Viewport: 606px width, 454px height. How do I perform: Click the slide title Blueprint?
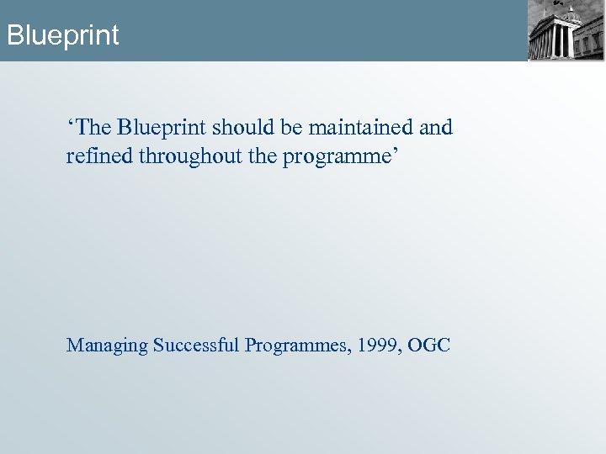(62, 35)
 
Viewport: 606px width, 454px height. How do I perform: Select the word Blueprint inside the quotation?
(162, 128)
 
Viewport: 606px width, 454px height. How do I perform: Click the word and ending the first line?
(435, 128)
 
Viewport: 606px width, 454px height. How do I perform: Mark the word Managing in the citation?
(107, 346)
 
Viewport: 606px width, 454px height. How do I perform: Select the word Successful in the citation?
(197, 346)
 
